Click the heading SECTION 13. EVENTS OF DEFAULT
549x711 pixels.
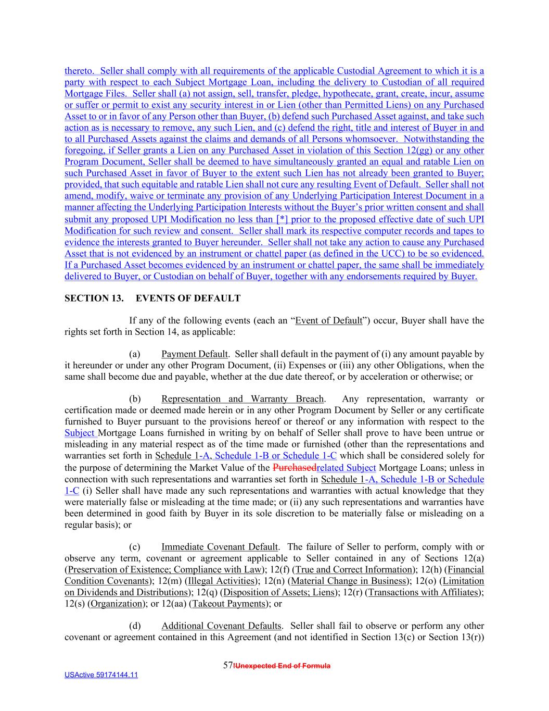coord(152,298)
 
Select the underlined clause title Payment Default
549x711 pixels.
coord(194,354)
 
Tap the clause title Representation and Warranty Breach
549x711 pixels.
coord(242,399)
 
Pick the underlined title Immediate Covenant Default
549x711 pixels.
coord(219,547)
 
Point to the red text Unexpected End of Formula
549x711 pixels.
coord(283,666)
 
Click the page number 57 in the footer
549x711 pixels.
coord(227,665)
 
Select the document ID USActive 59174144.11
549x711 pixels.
coord(101,675)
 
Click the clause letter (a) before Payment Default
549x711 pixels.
coord(135,354)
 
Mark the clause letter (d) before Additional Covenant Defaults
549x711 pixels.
coord(135,626)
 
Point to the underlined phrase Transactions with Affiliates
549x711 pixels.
coord(423,592)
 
